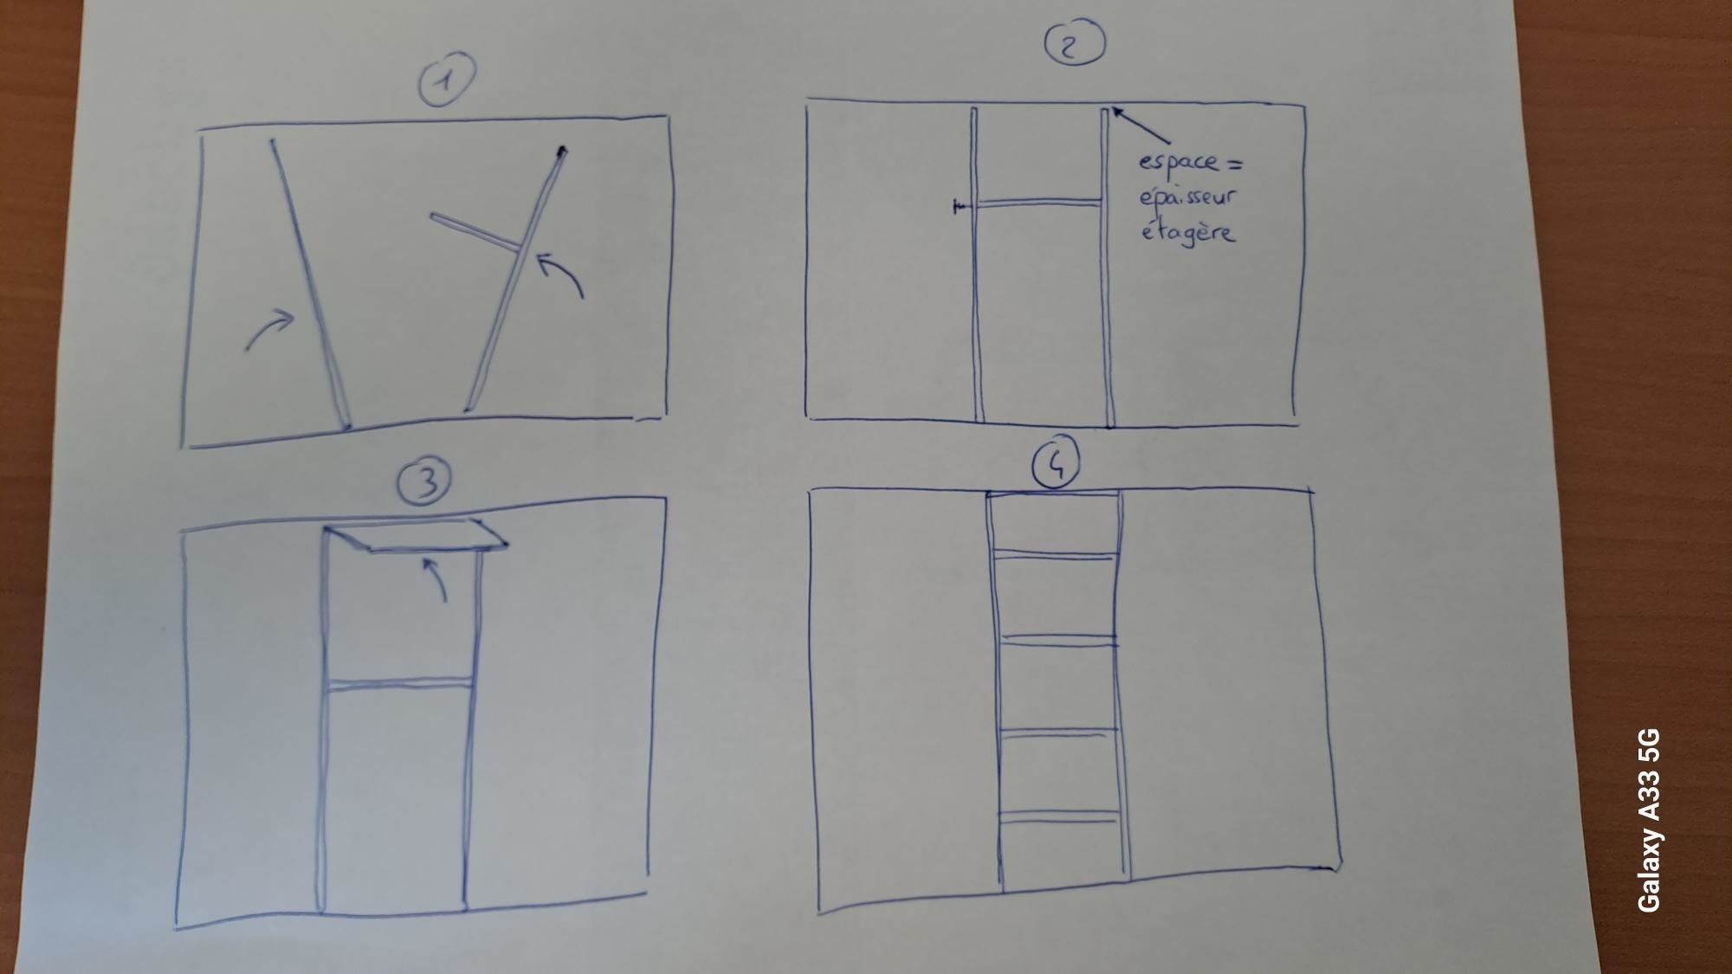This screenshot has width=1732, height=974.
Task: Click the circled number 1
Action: pyautogui.click(x=447, y=80)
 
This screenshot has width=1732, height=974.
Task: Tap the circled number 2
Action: pyautogui.click(x=1074, y=43)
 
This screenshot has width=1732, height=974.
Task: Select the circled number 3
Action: pyautogui.click(x=424, y=482)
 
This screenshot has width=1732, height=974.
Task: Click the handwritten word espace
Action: pyautogui.click(x=1177, y=163)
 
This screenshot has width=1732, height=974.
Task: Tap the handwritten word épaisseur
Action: pyautogui.click(x=1187, y=197)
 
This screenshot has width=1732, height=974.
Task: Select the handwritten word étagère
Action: pyautogui.click(x=1186, y=232)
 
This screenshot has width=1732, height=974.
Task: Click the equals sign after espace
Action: pyautogui.click(x=1233, y=161)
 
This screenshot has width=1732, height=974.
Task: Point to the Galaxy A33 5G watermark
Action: pyautogui.click(x=1649, y=820)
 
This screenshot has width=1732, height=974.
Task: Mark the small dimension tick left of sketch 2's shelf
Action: pyautogui.click(x=960, y=207)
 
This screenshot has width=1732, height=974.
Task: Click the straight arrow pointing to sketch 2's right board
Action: pyautogui.click(x=1141, y=125)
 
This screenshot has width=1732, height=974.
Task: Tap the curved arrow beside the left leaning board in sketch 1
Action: pyautogui.click(x=270, y=329)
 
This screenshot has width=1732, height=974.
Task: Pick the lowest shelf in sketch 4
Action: pyautogui.click(x=1058, y=816)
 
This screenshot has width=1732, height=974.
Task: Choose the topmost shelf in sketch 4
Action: pyautogui.click(x=1052, y=554)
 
